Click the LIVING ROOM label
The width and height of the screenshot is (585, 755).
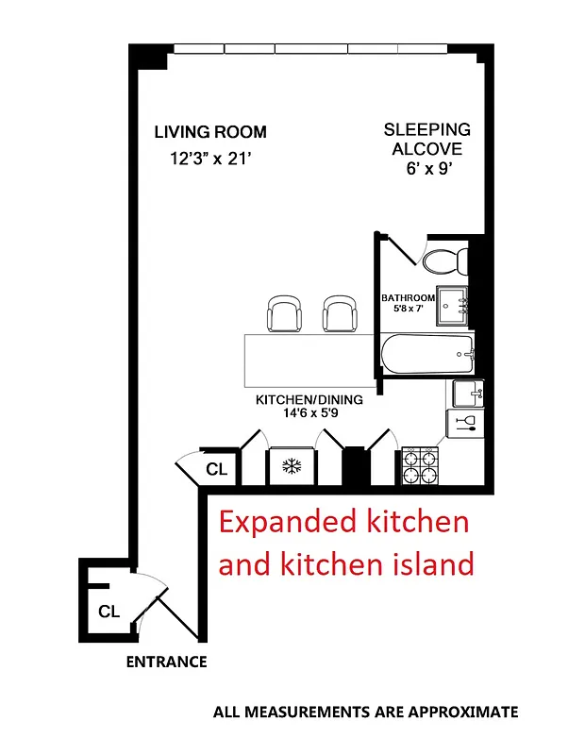click(x=210, y=132)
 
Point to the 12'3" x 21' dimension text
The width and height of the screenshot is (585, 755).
click(x=210, y=159)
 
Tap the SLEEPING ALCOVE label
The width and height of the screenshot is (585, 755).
click(x=426, y=140)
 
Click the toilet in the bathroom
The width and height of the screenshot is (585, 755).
click(x=443, y=259)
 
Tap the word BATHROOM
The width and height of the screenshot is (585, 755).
click(x=408, y=298)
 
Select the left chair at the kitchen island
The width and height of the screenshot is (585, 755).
click(x=284, y=313)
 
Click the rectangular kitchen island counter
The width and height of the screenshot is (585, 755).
click(x=310, y=359)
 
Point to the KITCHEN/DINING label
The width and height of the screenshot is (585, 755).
click(x=309, y=399)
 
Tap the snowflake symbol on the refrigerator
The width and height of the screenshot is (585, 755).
click(x=292, y=466)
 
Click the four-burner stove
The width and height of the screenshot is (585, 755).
click(x=420, y=466)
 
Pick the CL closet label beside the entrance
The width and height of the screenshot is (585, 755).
click(x=109, y=612)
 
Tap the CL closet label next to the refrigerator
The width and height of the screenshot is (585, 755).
click(x=217, y=469)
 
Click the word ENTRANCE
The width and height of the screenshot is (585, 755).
click(x=166, y=662)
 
